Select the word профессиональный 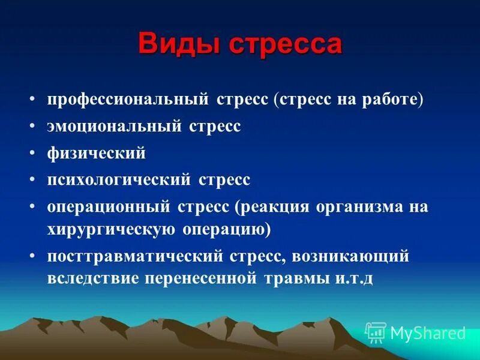pyautogui.click(x=128, y=100)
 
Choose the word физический pyautogui.click(x=97, y=153)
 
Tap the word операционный pyautogui.click(x=112, y=206)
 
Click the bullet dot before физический pyautogui.click(x=34, y=154)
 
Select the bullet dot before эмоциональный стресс pyautogui.click(x=34, y=127)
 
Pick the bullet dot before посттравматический pyautogui.click(x=34, y=257)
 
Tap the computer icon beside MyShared pyautogui.click(x=376, y=332)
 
